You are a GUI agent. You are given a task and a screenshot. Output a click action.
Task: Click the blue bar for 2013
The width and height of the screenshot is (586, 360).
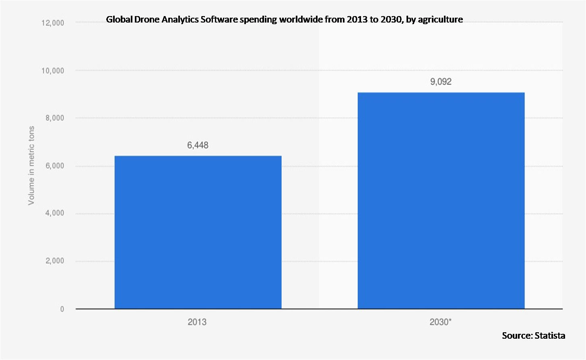pos(198,232)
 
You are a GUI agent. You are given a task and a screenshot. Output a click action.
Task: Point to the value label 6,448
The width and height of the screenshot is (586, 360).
pos(198,146)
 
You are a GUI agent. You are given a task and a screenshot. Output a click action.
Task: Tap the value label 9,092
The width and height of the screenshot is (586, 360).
pos(441,82)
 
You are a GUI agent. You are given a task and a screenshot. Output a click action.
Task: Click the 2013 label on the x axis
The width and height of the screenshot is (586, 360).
pos(197,322)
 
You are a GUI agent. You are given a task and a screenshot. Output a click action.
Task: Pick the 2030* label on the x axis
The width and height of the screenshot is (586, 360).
pos(441,322)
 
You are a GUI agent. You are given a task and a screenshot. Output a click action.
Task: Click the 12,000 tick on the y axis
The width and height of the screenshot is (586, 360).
pos(53,23)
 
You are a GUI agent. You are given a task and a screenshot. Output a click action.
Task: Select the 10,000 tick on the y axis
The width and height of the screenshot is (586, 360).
pos(53,71)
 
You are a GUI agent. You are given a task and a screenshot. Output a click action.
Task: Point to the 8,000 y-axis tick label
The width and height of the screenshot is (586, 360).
pos(54,118)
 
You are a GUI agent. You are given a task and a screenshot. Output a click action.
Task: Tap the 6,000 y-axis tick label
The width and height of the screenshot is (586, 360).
pos(54,166)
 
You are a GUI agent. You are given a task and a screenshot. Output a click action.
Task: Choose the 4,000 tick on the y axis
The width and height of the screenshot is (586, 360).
pos(54,214)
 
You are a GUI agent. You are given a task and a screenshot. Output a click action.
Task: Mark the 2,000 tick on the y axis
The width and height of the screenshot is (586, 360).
pos(54,261)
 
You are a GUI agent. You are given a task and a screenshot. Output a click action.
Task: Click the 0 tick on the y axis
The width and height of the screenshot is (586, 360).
pos(62,309)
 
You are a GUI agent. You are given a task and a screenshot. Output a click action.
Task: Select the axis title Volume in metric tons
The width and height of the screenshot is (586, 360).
pos(31,166)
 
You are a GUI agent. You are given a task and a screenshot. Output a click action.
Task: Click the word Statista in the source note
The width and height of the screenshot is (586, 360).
pos(550,335)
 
